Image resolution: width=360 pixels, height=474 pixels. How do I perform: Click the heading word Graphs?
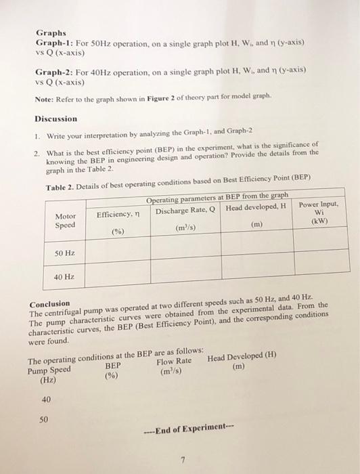(51, 31)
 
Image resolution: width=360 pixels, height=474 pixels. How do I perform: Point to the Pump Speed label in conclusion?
(49, 372)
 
